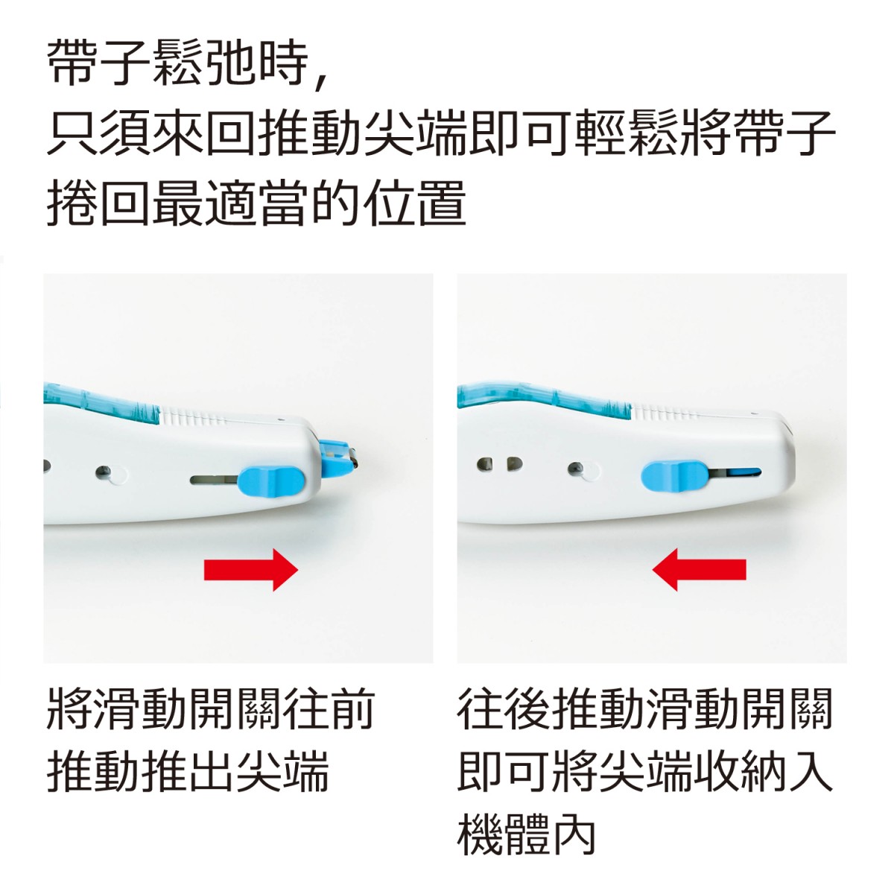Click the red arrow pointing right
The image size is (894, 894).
[250, 569]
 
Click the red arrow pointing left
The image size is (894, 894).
[699, 569]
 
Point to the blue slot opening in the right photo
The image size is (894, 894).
[744, 473]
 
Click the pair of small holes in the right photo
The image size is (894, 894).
[500, 463]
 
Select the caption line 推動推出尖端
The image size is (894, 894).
[188, 773]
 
